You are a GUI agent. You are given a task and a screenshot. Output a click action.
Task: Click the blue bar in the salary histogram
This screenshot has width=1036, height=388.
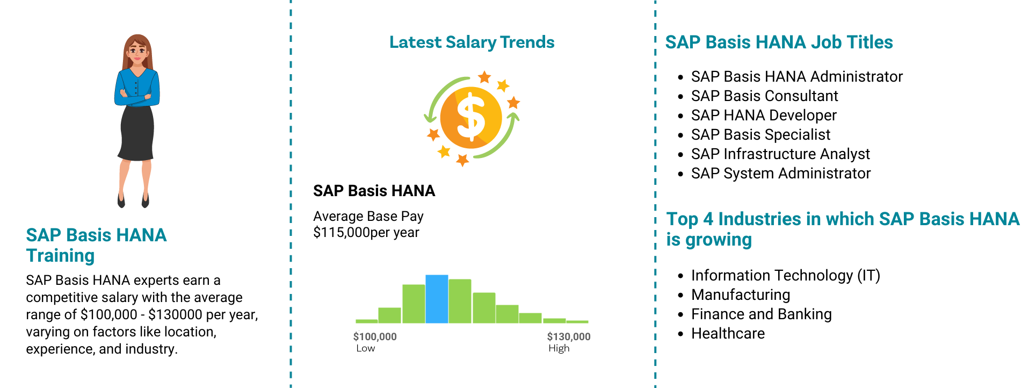pos(437,299)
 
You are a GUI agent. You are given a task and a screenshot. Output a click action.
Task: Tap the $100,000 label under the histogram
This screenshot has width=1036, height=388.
pos(375,337)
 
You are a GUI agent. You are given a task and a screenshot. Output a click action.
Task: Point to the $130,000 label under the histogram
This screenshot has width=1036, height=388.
pos(569,337)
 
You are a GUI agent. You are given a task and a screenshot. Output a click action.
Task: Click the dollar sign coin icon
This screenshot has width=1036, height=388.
pos(471,118)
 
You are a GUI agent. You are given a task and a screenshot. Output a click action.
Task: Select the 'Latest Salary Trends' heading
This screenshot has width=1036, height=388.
pos(472,42)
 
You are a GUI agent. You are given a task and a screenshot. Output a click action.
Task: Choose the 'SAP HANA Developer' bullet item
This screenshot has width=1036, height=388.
pos(764,115)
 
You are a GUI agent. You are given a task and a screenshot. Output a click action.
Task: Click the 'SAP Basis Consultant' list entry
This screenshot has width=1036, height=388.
pos(764,96)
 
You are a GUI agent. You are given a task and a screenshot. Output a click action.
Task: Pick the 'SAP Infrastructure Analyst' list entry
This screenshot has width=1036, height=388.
pos(780,154)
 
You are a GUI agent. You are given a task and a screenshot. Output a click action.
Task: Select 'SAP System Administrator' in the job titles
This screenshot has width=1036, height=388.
pos(781,174)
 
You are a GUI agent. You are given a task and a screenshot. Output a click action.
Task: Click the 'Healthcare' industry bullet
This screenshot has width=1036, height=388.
pos(728,334)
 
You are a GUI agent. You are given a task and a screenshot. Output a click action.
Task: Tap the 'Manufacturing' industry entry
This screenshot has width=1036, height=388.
pos(741,295)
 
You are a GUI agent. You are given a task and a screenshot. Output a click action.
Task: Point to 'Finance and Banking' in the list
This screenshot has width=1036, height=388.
pos(762,314)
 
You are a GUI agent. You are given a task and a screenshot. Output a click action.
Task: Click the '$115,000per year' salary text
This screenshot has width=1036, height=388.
pos(366,233)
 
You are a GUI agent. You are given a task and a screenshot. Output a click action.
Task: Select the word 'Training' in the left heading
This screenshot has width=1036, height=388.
pos(60,256)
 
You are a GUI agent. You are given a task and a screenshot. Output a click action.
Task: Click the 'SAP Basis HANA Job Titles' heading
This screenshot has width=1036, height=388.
pos(779,42)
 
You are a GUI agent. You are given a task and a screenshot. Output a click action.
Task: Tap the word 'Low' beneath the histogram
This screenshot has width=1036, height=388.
pos(366,348)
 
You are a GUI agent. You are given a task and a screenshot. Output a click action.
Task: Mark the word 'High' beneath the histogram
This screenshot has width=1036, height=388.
pos(559,348)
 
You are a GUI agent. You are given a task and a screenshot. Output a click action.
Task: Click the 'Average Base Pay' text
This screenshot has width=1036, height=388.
pos(368,216)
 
